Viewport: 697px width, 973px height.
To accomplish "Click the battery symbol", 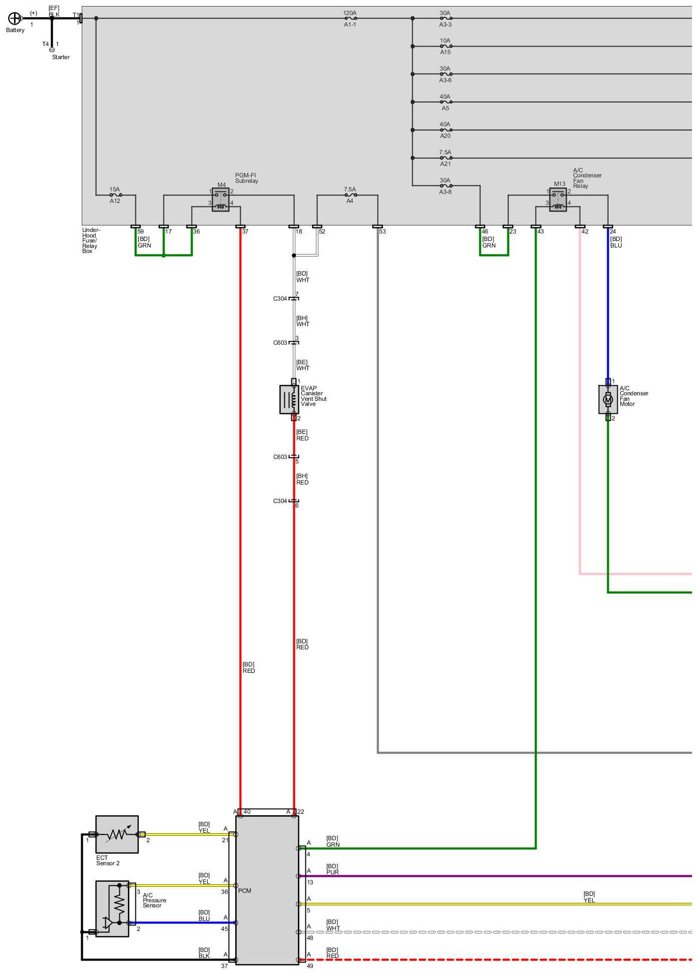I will (x=15, y=19).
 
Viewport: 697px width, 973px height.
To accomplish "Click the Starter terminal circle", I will (x=52, y=50).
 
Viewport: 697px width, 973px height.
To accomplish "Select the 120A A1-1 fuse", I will (x=350, y=19).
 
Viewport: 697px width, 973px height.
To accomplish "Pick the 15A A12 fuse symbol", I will (x=115, y=195).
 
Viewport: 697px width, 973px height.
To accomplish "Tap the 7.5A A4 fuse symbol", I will (x=350, y=195).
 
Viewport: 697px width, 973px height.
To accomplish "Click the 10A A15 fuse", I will (x=445, y=47).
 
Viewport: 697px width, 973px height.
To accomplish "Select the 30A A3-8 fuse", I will (x=445, y=186).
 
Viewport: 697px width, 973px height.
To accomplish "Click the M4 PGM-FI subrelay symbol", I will (x=221, y=200).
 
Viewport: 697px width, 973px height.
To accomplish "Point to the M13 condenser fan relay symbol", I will (x=558, y=200).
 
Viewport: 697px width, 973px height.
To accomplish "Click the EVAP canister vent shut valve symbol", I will (x=289, y=399).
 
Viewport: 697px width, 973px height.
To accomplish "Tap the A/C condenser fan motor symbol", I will (x=608, y=399).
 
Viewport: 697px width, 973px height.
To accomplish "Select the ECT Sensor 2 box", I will (x=117, y=834).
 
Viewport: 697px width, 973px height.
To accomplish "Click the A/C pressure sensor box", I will (x=112, y=908).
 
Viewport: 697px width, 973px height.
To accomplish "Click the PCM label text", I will (x=245, y=890).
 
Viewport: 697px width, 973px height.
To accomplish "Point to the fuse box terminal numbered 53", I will (x=378, y=226).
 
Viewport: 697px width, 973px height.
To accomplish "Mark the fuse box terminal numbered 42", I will (x=580, y=226).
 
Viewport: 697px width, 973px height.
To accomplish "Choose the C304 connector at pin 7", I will (x=294, y=299).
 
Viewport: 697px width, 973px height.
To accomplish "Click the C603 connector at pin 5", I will (x=294, y=456).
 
